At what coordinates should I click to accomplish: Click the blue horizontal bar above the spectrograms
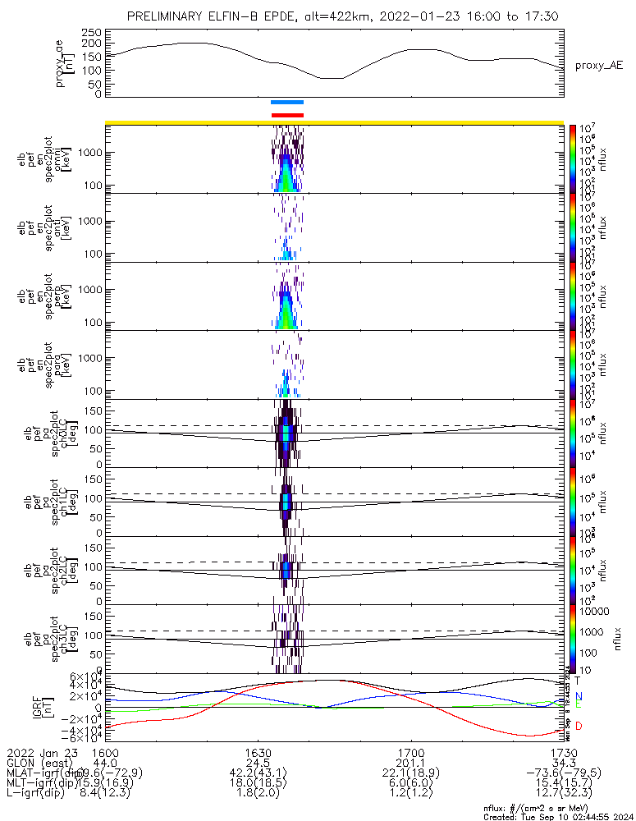click(287, 103)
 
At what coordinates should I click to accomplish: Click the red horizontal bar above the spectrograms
click(287, 115)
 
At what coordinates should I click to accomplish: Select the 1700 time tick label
click(410, 752)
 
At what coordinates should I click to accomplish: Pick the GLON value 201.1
click(410, 763)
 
